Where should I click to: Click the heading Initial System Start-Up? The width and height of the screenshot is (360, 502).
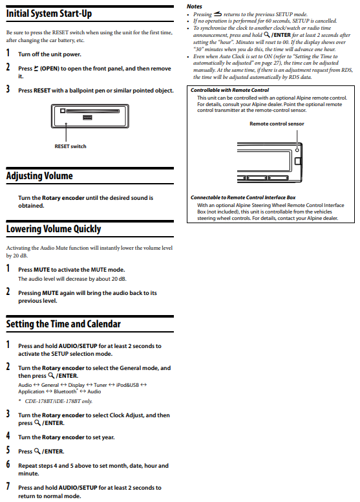click(49, 14)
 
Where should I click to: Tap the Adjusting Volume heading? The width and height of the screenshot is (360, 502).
click(39, 176)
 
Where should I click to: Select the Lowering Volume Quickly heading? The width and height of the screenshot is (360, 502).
click(54, 229)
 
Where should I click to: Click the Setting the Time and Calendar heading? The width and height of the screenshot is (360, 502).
click(63, 324)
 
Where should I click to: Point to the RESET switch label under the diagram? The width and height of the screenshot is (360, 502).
click(70, 146)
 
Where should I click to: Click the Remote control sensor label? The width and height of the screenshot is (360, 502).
click(277, 124)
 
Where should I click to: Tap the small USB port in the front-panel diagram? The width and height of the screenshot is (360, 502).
click(87, 118)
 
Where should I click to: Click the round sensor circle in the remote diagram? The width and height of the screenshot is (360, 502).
click(297, 150)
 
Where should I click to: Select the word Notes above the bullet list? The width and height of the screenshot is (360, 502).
click(195, 6)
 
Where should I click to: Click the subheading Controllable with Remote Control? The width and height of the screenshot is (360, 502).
click(229, 90)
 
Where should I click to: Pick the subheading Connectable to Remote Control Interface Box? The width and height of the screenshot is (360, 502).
click(243, 197)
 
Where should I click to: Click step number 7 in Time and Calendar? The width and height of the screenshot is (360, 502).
click(8, 486)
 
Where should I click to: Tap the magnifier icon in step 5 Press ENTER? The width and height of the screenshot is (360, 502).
click(37, 451)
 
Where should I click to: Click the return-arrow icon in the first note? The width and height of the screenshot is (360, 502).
click(218, 14)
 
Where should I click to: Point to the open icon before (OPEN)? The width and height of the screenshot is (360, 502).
click(36, 68)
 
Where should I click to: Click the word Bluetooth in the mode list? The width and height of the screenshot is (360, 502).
click(65, 391)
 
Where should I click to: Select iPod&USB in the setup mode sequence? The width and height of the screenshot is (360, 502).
click(127, 385)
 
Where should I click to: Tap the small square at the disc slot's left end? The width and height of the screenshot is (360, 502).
click(63, 111)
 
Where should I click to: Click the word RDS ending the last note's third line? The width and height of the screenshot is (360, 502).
click(347, 70)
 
